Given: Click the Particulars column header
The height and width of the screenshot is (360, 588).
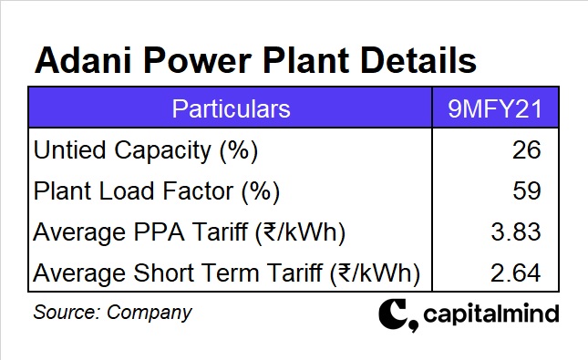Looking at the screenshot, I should pos(231,109).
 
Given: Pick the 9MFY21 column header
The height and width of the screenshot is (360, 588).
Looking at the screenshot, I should pos(495,109).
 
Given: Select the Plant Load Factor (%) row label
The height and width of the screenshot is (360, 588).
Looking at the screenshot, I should pos(156,191).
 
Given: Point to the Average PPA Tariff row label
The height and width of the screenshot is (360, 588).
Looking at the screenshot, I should pos(189,232).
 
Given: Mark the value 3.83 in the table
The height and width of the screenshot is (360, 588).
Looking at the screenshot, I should pos(516,232).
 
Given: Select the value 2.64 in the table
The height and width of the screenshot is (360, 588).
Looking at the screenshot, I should pos(516,273).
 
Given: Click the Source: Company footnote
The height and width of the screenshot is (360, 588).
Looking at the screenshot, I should pos(112,312).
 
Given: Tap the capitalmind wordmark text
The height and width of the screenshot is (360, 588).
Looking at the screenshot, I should pos(490,315).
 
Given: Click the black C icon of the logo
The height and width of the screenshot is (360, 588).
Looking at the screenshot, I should pos(395,315).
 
